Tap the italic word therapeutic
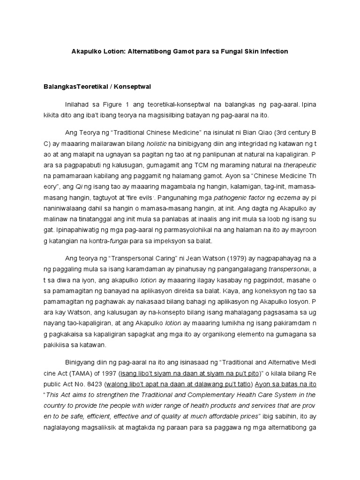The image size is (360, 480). [x=300, y=165]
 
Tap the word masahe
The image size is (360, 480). [x=295, y=280]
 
